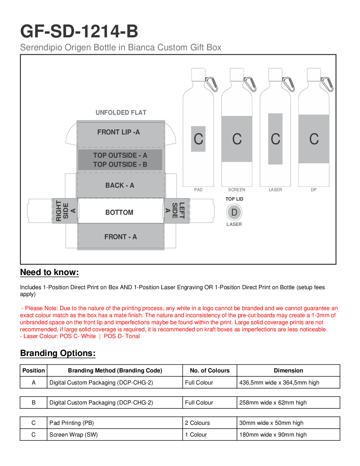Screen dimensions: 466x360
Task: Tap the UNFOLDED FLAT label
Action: (121, 112)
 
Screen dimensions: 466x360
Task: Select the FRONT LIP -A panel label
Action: (119, 132)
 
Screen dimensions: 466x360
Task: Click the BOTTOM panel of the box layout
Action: (119, 212)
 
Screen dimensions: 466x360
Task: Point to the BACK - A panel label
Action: (120, 185)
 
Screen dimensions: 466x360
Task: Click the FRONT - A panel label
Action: (121, 237)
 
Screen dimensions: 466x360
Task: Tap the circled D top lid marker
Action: (234, 212)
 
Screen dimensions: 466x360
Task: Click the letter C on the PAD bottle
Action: (198, 139)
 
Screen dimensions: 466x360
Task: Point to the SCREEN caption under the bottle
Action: (236, 190)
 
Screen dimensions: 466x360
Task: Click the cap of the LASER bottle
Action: (275, 74)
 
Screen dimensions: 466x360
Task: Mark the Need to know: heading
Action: (49, 272)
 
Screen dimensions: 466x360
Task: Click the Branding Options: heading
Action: (58, 353)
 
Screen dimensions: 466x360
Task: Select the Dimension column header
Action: (288, 370)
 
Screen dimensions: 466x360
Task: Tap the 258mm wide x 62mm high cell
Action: (273, 402)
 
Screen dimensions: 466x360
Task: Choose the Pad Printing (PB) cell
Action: (71, 423)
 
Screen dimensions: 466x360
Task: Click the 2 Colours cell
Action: (197, 423)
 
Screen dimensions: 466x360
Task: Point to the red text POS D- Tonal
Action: (122, 336)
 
